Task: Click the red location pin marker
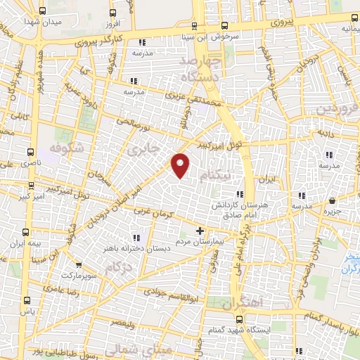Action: click(181, 165)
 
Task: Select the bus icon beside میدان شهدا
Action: click(43, 11)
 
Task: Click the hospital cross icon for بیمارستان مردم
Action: click(200, 231)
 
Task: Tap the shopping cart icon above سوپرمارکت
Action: click(79, 265)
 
